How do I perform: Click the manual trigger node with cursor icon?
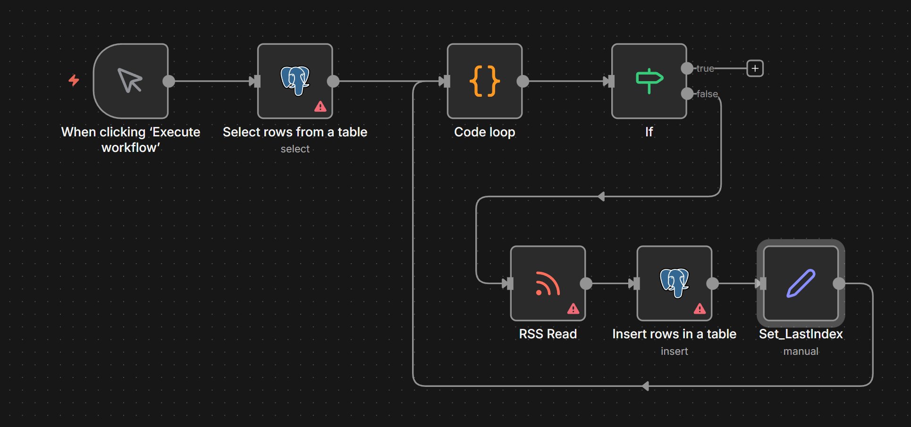[131, 81]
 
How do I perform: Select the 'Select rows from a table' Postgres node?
[295, 81]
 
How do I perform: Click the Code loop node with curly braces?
[485, 81]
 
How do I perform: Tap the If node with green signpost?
[649, 81]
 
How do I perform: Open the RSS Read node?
[548, 283]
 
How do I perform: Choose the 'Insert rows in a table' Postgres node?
[674, 283]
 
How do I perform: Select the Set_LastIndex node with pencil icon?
[801, 283]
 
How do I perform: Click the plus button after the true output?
[755, 68]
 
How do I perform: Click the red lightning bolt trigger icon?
[74, 80]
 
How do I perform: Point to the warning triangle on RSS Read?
[573, 309]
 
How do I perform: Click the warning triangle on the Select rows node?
[320, 107]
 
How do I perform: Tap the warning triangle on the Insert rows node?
[700, 309]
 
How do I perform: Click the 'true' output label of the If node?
[705, 68]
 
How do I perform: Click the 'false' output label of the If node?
[707, 94]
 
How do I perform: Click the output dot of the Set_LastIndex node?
[839, 284]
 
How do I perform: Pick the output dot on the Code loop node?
[523, 81]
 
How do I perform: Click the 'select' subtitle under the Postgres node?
[295, 149]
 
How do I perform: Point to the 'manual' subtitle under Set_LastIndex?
[801, 352]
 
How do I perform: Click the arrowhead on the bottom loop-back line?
[645, 386]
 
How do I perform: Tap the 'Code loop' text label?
[484, 132]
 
